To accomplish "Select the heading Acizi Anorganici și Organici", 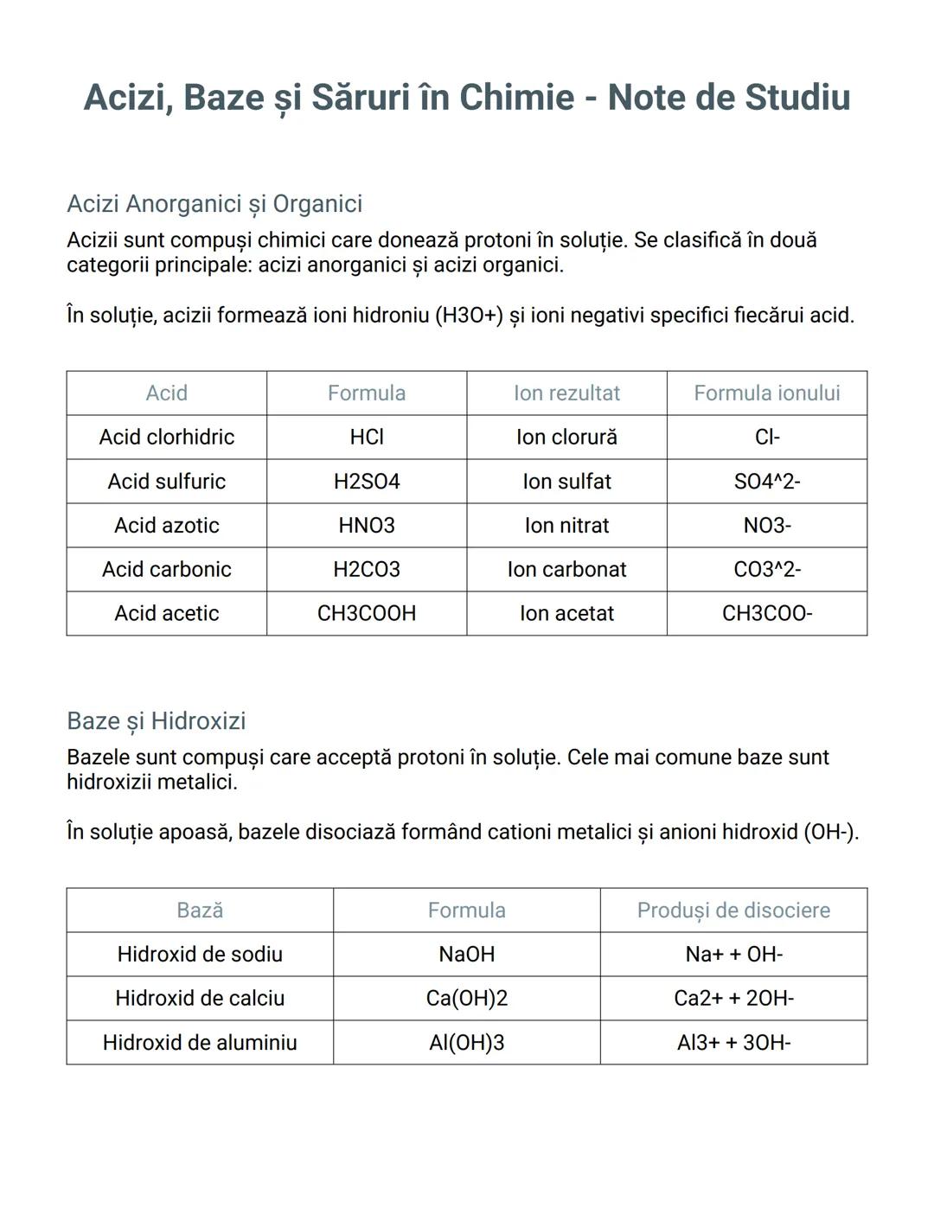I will pos(214,204).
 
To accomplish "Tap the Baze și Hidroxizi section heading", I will pos(157,721).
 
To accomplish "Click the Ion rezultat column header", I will pos(566,393).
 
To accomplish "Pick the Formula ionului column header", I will pos(767,393).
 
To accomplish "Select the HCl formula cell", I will pos(367,438).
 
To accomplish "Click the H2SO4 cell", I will pos(367,482).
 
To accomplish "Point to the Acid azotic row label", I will pos(167,526).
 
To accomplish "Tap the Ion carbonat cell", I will pos(566,570).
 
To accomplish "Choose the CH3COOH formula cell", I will pos(367,614).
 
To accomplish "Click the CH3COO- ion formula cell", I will pos(767,614).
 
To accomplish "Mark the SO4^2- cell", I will pos(767,482).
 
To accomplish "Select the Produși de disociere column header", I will pos(733,911).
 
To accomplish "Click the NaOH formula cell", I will pos(467,955).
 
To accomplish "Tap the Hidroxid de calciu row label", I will pos(200,999).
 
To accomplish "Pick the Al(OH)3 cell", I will pos(467,1043).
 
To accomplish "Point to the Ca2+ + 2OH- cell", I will pos(733,999).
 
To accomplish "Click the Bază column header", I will pos(200,911).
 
